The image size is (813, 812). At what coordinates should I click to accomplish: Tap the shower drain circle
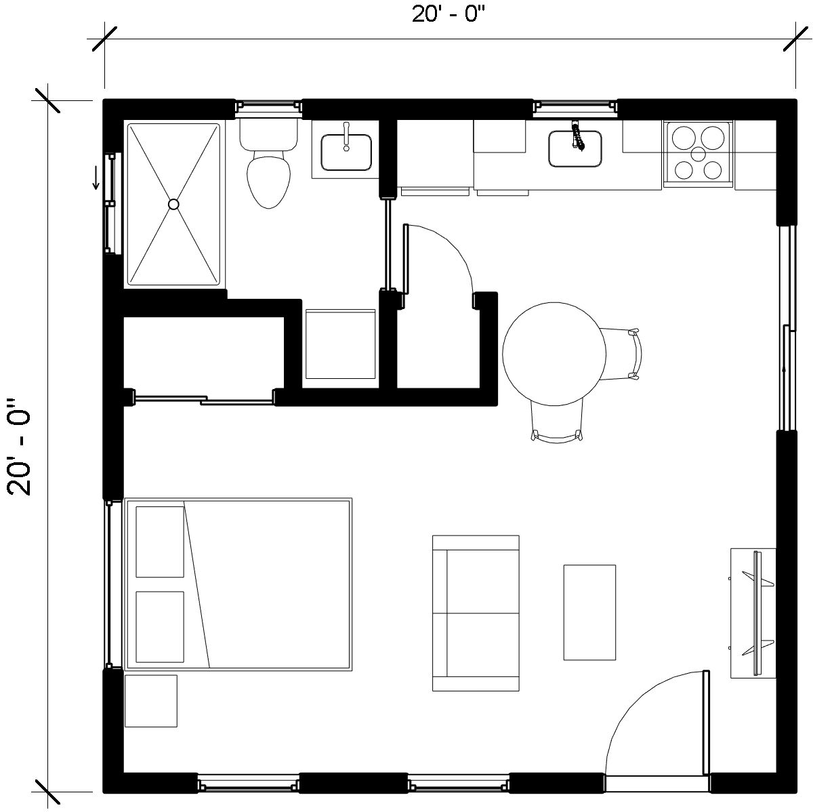tap(173, 205)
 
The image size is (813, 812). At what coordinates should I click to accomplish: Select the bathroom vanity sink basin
tap(346, 153)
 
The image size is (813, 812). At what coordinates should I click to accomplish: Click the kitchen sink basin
tap(575, 148)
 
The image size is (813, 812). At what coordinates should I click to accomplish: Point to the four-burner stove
tap(698, 154)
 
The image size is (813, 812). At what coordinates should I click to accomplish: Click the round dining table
tap(554, 354)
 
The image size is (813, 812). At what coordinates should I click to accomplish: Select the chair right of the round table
tap(620, 354)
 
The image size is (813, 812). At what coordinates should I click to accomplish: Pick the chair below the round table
tap(557, 422)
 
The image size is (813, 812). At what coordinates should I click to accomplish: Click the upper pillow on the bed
tap(160, 542)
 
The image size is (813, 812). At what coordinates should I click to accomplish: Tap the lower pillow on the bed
tap(160, 627)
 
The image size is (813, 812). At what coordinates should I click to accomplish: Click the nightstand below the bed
tap(151, 701)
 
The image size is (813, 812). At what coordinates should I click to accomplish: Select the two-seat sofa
tap(476, 613)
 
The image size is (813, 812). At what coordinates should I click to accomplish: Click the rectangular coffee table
tap(589, 612)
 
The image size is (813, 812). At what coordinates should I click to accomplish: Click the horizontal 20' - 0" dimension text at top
tap(449, 14)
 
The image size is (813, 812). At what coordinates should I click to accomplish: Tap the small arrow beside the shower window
tap(96, 178)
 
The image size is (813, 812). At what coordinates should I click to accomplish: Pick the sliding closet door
tap(203, 399)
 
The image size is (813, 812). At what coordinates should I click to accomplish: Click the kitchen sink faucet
tap(577, 135)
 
